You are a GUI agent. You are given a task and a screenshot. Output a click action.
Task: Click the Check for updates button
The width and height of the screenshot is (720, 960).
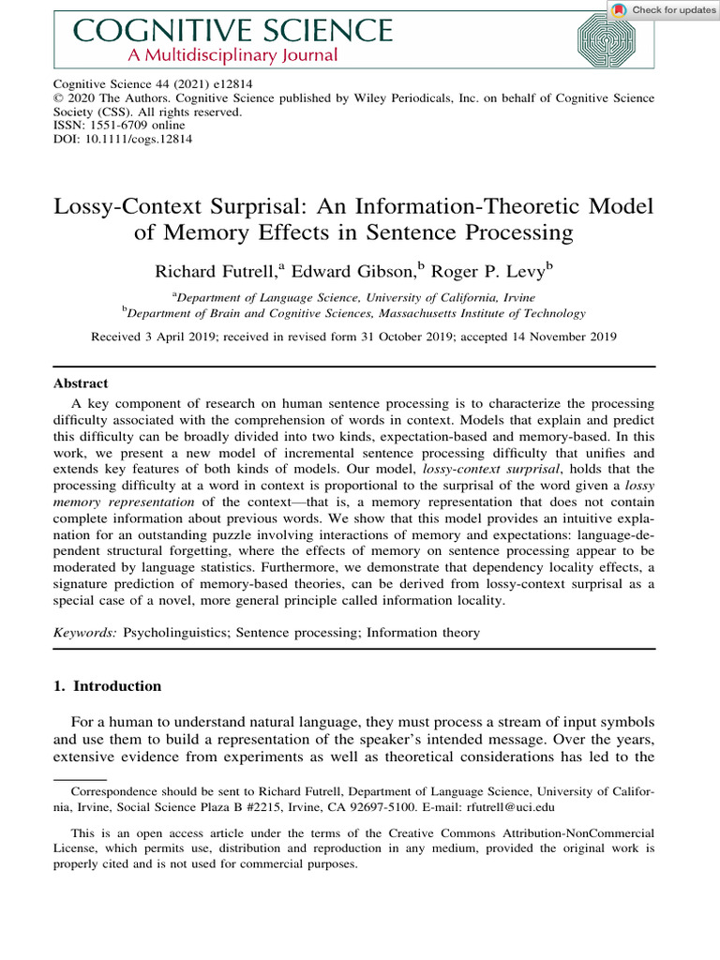pyautogui.click(x=663, y=9)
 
